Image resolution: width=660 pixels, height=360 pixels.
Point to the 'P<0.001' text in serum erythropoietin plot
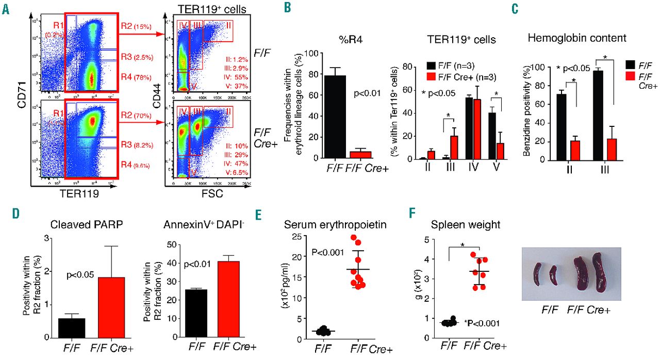pyautogui.click(x=331, y=252)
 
